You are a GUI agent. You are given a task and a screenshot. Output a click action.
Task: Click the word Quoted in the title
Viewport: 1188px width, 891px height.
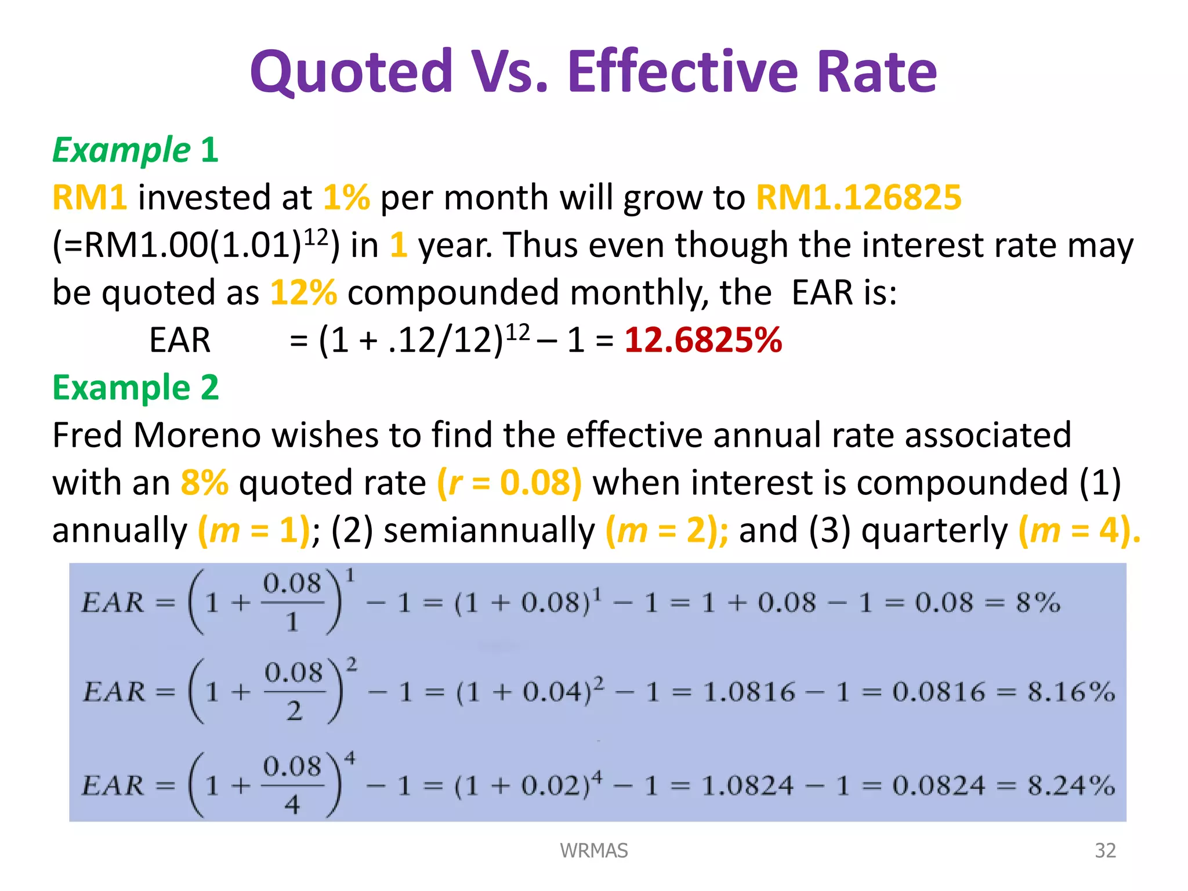click(351, 72)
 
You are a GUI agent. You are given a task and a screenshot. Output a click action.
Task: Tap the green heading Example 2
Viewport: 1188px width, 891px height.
click(135, 387)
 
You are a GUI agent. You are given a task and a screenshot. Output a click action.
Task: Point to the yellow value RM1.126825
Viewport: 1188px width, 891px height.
click(859, 197)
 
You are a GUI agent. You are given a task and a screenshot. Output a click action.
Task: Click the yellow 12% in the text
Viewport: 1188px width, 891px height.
click(303, 292)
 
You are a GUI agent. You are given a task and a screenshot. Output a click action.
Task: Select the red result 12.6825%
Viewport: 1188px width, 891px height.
click(703, 340)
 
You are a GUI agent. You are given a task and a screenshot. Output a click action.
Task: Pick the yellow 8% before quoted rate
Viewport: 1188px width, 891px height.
click(204, 483)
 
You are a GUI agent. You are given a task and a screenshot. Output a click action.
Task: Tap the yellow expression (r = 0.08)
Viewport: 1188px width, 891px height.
click(509, 483)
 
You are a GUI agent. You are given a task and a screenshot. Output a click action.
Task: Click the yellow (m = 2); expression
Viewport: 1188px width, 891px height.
click(667, 530)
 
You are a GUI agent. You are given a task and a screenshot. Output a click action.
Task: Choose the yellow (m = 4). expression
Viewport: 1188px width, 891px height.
click(1080, 530)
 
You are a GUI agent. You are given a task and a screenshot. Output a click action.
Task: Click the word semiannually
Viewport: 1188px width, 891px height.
click(490, 530)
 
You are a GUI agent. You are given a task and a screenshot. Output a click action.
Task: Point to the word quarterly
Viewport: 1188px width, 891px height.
click(935, 530)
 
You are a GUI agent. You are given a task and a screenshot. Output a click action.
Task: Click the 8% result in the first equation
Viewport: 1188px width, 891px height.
click(1038, 603)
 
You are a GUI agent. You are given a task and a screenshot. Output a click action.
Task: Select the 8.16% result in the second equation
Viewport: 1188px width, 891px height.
click(1071, 692)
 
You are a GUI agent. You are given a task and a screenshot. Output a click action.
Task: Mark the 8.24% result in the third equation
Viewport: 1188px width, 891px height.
click(1071, 786)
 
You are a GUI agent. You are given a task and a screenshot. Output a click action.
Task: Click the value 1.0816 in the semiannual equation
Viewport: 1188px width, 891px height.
click(748, 692)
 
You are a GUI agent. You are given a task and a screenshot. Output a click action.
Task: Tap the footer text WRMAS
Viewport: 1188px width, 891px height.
click(593, 850)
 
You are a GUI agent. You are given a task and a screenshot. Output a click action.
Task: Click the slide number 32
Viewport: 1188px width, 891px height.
click(1105, 850)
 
